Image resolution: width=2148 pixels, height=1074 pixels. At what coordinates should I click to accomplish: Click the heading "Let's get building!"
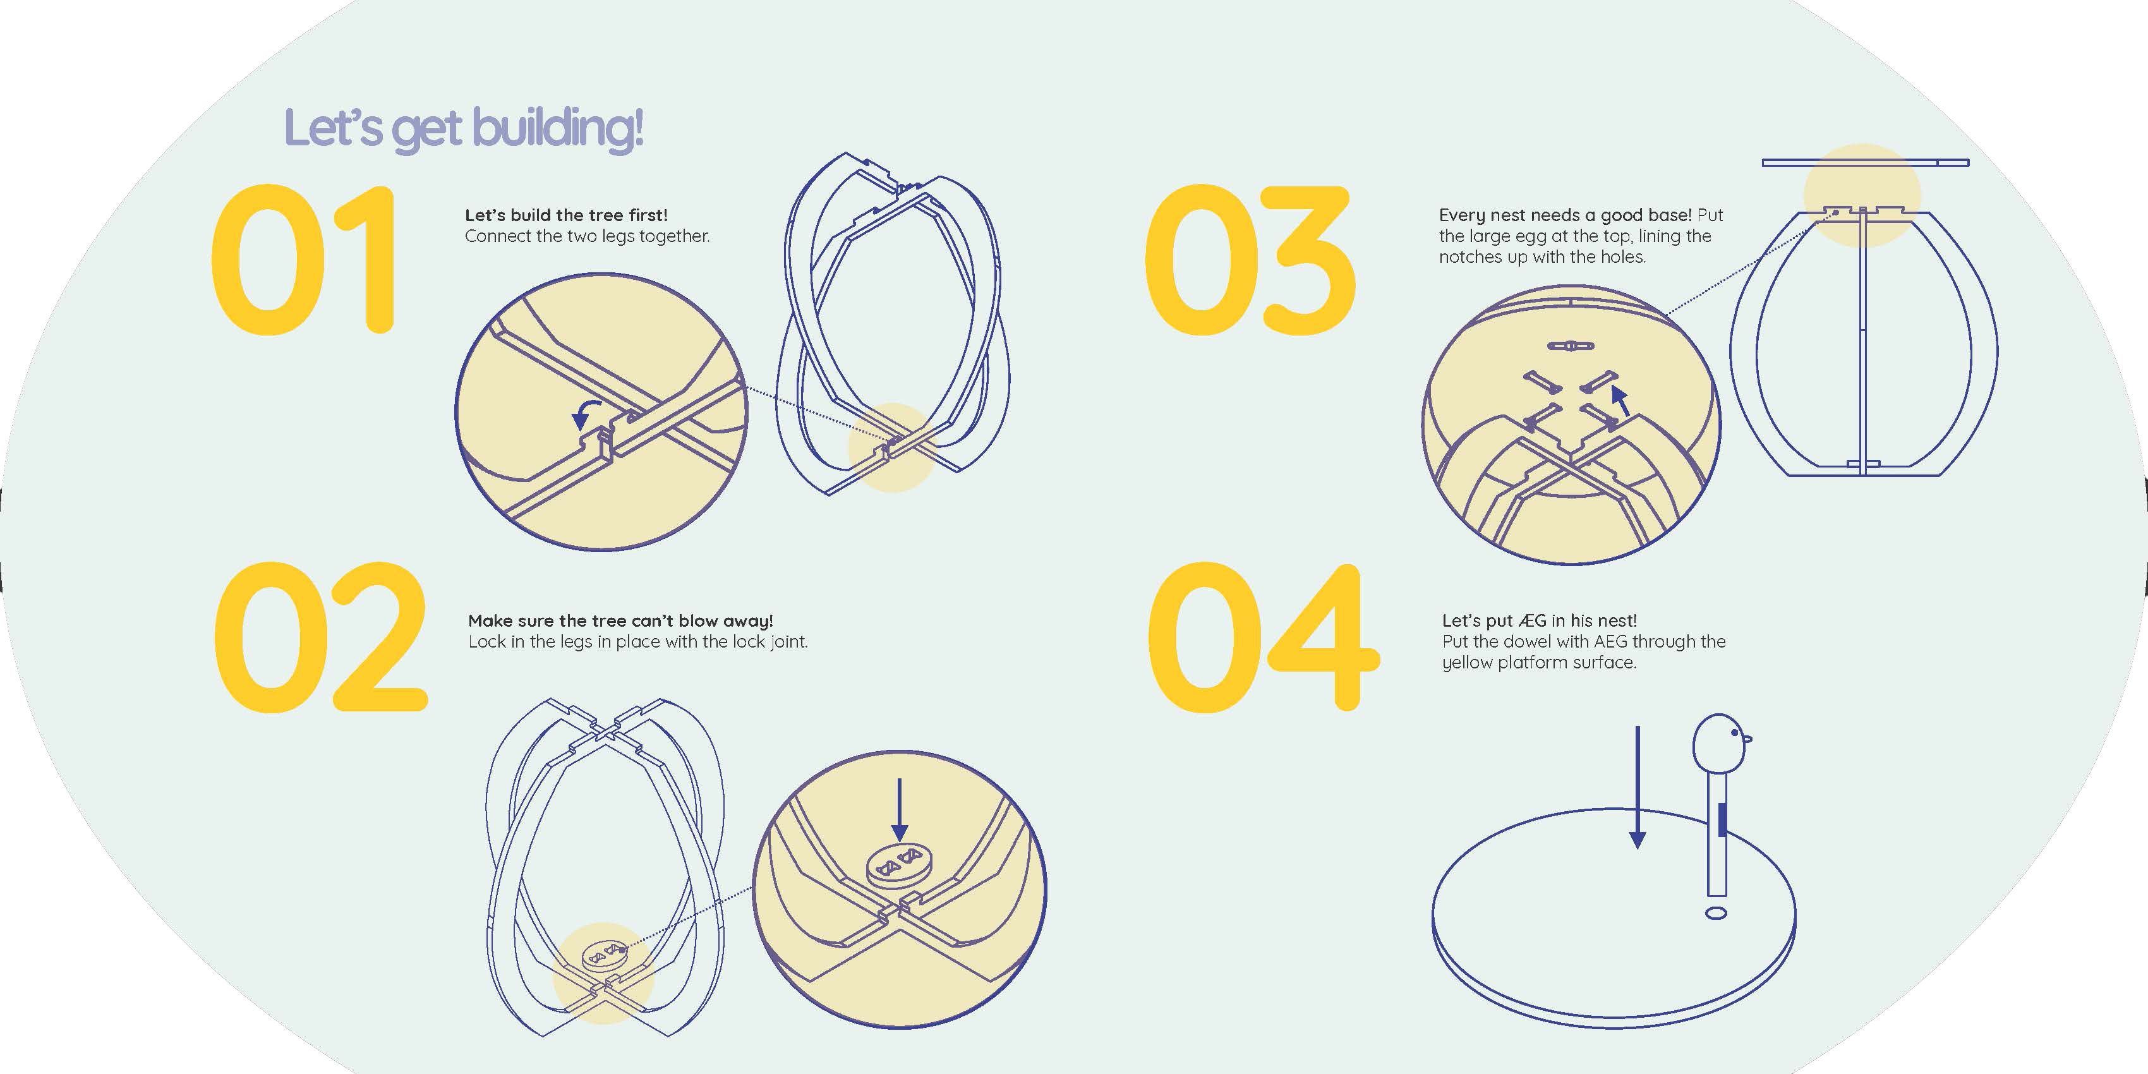click(x=464, y=130)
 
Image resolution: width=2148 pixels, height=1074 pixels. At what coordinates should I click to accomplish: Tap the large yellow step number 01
click(x=303, y=259)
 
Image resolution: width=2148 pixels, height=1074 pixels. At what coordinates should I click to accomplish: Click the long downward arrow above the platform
click(x=1638, y=787)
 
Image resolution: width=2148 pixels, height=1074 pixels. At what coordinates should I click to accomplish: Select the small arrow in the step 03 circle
click(x=1620, y=401)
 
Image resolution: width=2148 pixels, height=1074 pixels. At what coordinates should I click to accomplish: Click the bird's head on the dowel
click(x=1718, y=744)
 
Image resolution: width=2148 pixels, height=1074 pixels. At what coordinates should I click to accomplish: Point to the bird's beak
click(x=1747, y=739)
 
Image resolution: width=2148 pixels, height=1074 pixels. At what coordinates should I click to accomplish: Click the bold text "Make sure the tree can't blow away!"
click(x=620, y=621)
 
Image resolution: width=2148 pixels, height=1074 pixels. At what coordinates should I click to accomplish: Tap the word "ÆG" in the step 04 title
click(x=1533, y=621)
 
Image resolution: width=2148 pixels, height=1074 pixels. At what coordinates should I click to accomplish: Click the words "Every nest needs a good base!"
click(x=1565, y=215)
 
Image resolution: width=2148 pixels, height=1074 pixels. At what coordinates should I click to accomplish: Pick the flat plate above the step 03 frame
click(x=1866, y=162)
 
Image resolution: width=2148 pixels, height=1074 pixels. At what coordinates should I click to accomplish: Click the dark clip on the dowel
click(x=1722, y=819)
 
